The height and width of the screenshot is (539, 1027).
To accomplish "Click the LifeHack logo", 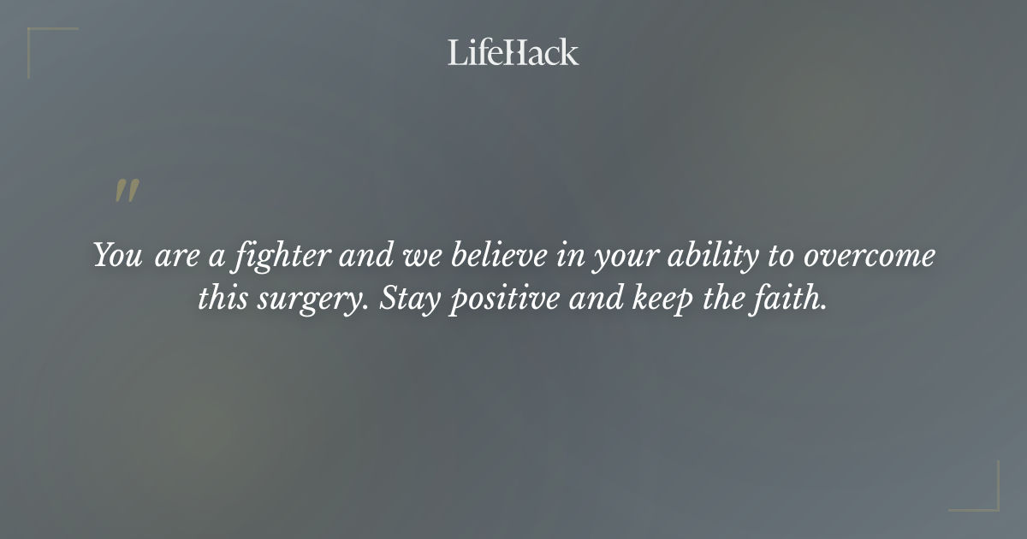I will [x=513, y=52].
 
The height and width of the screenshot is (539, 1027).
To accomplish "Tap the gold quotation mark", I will [x=127, y=192].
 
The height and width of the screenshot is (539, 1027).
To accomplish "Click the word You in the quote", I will [x=118, y=256].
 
